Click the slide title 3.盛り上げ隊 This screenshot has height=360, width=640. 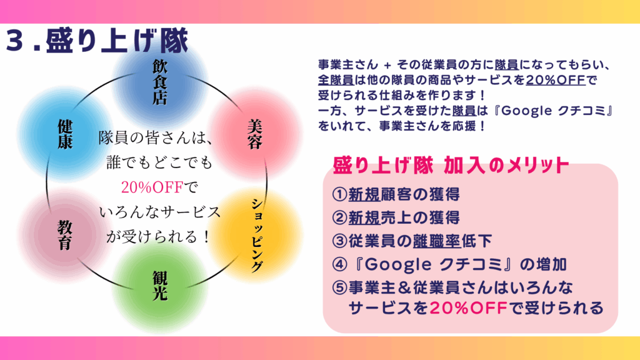click(97, 41)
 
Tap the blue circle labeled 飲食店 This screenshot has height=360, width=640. click(159, 82)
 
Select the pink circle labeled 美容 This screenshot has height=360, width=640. click(255, 134)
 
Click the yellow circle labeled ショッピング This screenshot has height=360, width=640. click(256, 235)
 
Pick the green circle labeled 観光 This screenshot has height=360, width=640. click(159, 286)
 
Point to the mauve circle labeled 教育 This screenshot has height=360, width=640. click(64, 234)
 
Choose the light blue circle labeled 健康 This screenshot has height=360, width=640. click(64, 134)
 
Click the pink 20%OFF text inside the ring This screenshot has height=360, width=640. click(152, 187)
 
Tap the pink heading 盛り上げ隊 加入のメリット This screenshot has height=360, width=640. click(451, 165)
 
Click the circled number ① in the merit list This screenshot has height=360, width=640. click(339, 194)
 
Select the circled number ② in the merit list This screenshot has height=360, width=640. click(339, 217)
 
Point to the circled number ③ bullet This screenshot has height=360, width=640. click(339, 241)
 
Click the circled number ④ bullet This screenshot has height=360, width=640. click(339, 264)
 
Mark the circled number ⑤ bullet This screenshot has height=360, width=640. click(339, 287)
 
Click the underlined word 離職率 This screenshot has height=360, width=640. click(436, 241)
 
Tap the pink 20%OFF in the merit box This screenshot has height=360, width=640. click(468, 307)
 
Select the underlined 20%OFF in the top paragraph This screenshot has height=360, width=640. click(556, 79)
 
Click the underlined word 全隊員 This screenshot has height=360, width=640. click(336, 79)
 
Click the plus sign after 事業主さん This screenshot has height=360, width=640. click(387, 65)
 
